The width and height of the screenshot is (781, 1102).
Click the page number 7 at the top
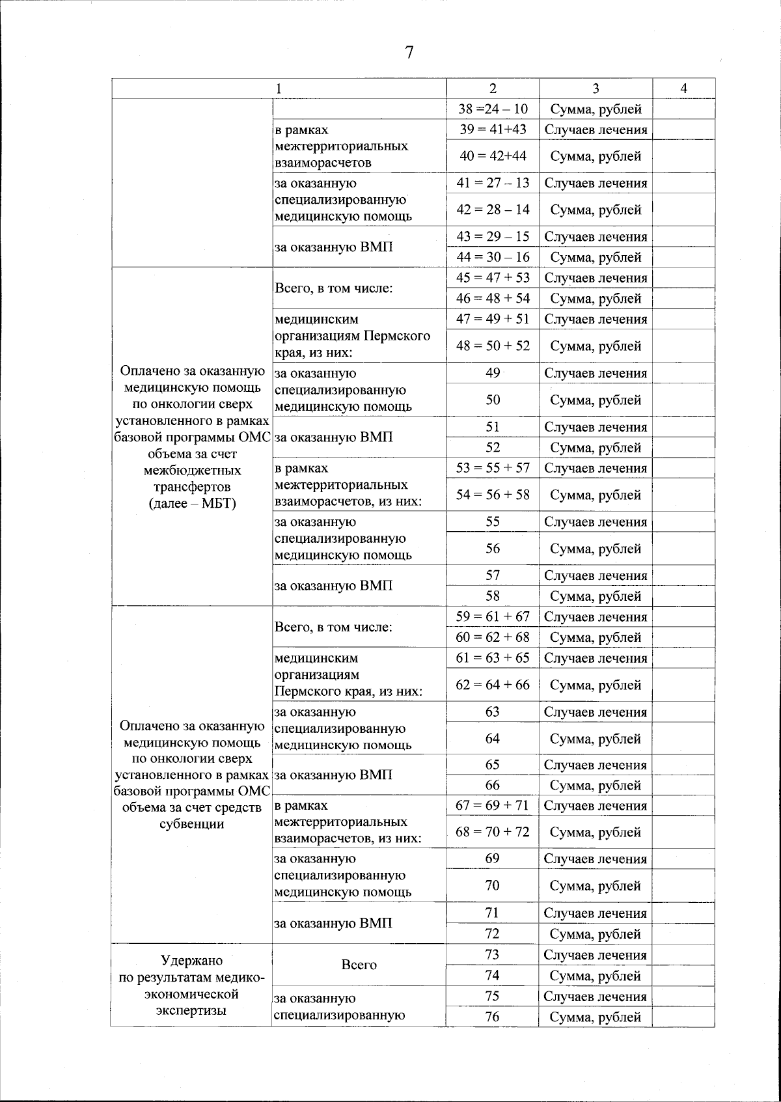[x=409, y=53]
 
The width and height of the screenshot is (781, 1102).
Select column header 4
[x=683, y=89]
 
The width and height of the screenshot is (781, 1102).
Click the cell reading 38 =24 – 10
[x=493, y=109]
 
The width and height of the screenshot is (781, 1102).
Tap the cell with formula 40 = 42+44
[x=493, y=156]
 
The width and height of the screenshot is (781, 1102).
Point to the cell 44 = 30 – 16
[x=493, y=257]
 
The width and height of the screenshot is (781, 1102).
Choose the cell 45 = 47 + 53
[x=493, y=278]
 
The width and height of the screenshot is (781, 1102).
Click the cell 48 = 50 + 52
[x=493, y=346]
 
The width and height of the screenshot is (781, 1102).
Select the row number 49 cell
[x=493, y=373]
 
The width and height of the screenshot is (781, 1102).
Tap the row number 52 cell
[x=493, y=448]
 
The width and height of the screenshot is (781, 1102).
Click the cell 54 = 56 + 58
[x=493, y=495]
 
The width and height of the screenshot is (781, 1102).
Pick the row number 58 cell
[x=493, y=596]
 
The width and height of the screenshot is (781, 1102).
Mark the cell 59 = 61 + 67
[x=493, y=617]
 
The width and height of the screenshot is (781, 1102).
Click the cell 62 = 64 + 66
[x=493, y=685]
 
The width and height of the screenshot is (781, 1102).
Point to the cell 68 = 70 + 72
[x=493, y=833]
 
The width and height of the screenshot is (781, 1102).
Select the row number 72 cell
[x=493, y=934]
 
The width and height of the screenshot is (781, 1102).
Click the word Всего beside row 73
[x=359, y=965]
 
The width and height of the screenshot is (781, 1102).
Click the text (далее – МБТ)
[x=192, y=504]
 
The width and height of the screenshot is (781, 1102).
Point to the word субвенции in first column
[x=191, y=825]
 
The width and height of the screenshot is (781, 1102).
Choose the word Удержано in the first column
[x=191, y=961]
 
